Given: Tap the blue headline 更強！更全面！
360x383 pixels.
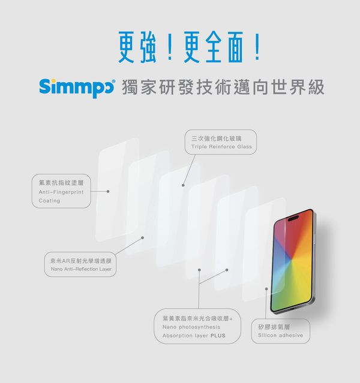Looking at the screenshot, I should click(x=180, y=48).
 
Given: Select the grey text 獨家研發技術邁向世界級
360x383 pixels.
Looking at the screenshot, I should click(x=223, y=87).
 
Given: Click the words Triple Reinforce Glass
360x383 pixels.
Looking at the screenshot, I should click(x=221, y=147).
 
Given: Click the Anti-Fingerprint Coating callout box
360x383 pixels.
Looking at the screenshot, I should click(x=61, y=191).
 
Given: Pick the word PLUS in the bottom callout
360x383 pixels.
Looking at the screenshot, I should click(x=218, y=336).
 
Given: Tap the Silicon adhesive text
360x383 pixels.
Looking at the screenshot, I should click(x=280, y=336).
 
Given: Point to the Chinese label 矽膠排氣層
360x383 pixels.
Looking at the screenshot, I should click(x=274, y=327).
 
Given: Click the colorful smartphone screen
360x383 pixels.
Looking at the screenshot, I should click(x=292, y=264).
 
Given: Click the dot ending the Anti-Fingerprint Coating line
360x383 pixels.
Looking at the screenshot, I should click(x=108, y=192).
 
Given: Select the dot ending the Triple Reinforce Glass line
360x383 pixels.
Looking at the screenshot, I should click(x=182, y=186).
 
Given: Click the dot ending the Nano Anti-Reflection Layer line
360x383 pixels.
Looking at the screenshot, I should click(x=143, y=237).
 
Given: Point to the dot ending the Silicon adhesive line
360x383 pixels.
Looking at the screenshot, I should click(x=267, y=288).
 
